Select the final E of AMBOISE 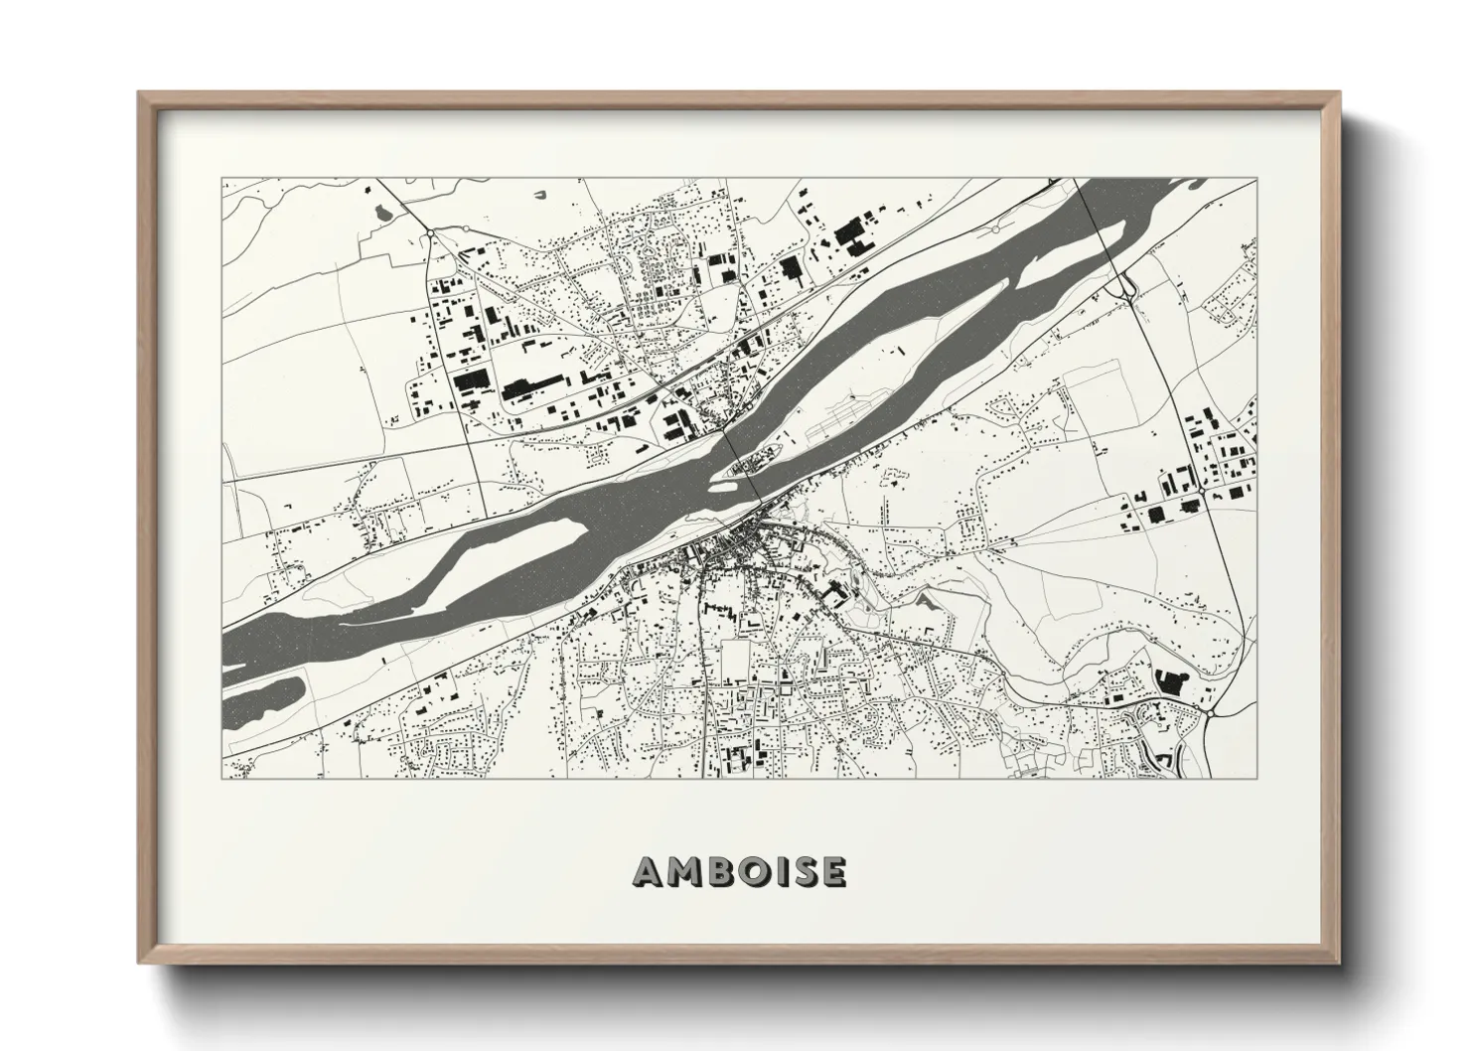coord(832,871)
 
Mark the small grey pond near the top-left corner coord(382,210)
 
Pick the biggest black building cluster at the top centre coord(849,234)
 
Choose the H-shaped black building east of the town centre coord(835,594)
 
